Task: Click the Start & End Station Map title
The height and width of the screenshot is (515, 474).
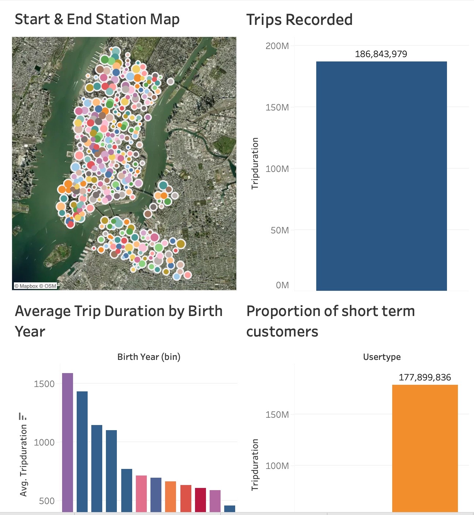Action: click(97, 19)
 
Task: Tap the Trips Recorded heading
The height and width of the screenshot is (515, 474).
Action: click(299, 20)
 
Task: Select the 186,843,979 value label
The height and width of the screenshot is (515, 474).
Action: click(381, 54)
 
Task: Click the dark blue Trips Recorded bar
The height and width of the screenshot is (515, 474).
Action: click(381, 176)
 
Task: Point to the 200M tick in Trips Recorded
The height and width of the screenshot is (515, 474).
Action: click(277, 46)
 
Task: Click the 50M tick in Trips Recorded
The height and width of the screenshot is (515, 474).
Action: click(279, 230)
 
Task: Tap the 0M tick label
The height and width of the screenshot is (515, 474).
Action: click(282, 285)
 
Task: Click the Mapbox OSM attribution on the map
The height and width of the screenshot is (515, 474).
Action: click(35, 286)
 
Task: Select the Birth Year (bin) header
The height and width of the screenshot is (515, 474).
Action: click(149, 357)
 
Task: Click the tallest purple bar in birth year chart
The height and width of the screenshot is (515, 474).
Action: click(68, 443)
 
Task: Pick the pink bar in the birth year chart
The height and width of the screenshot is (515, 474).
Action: click(141, 494)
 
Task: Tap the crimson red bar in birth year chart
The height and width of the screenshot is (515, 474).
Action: click(200, 500)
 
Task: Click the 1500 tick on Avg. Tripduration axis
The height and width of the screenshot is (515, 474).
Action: click(44, 384)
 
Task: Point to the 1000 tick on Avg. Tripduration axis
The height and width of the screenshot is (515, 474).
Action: click(44, 443)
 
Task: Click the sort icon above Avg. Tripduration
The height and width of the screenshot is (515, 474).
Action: click(23, 416)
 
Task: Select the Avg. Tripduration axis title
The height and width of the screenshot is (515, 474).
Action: click(24, 460)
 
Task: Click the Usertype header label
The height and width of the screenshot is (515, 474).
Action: click(382, 357)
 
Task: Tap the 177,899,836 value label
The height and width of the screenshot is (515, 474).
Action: click(425, 377)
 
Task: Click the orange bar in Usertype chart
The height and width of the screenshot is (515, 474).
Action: click(425, 448)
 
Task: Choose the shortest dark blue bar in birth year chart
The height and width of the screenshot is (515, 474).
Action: click(230, 508)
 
